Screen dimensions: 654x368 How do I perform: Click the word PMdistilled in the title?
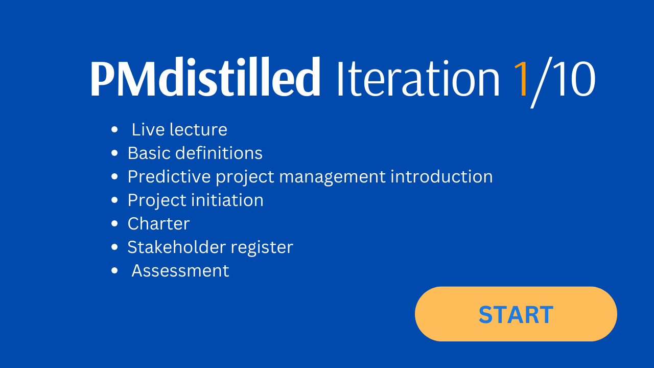tap(205, 77)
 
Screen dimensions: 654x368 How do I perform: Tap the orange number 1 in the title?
tap(521, 78)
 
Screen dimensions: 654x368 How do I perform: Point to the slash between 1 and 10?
tap(541, 82)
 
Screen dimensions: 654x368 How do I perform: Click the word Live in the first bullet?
tap(148, 129)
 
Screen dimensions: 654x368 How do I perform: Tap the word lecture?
tap(198, 130)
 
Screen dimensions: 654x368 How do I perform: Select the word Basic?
tap(149, 153)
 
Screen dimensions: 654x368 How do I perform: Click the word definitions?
tap(219, 153)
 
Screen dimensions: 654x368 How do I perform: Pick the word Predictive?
tap(169, 176)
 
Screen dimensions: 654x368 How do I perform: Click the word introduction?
tap(441, 176)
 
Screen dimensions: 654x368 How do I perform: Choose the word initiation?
tap(227, 200)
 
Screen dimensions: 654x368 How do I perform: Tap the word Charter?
tap(158, 224)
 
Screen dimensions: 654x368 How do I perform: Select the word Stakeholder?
tap(177, 247)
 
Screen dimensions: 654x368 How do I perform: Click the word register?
tap(262, 248)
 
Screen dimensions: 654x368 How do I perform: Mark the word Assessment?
tap(180, 271)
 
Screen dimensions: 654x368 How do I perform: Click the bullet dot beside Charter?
tap(114, 224)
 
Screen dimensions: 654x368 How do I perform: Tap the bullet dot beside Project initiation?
tap(114, 200)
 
